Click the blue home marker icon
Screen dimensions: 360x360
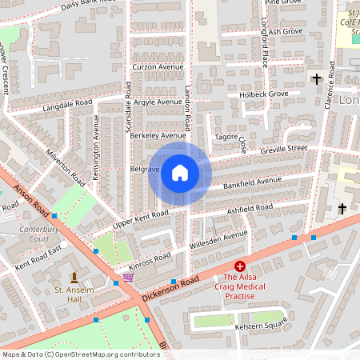pyautogui.click(x=179, y=173)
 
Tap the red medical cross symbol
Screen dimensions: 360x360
pyautogui.click(x=239, y=266)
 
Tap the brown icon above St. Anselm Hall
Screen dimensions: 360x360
pyautogui.click(x=74, y=276)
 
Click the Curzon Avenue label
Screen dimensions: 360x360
pyautogui.click(x=157, y=66)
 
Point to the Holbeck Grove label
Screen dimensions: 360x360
pyautogui.click(x=263, y=94)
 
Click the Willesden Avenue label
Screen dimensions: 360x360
pyautogui.click(x=218, y=238)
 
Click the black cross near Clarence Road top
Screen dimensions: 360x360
pyautogui.click(x=317, y=78)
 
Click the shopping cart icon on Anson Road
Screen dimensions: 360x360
pyautogui.click(x=127, y=278)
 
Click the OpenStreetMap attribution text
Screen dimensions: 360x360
pyautogui.click(x=81, y=354)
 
